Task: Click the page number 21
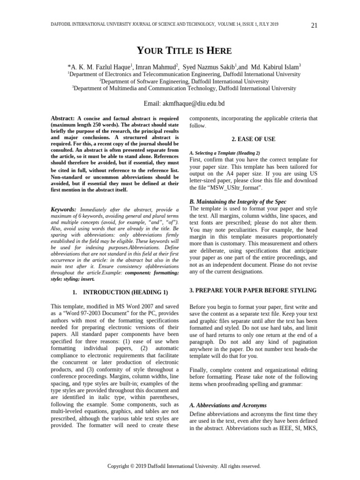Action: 314,25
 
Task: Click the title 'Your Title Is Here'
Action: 184,51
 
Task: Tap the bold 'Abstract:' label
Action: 63,119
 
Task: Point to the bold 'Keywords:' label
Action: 63,209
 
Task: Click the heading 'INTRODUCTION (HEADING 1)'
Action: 128,292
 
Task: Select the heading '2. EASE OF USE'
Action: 254,139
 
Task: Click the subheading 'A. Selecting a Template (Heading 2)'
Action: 225,153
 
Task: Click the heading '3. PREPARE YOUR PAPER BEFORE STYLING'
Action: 253,291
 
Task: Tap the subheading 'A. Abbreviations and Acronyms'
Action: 228,405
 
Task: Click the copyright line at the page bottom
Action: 184,466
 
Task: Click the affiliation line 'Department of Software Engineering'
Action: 185,81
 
